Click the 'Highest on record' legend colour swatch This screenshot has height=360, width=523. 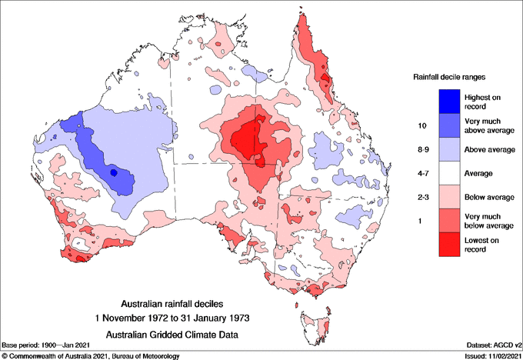[x=448, y=101]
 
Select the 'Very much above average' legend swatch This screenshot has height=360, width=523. [x=448, y=125]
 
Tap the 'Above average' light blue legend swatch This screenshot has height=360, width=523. [x=448, y=148]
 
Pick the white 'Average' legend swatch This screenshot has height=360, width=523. [x=448, y=173]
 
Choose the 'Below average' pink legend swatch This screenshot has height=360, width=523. [x=448, y=197]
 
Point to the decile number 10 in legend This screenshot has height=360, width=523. [x=421, y=125]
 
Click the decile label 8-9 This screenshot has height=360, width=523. [x=421, y=148]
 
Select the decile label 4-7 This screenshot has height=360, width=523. [x=421, y=173]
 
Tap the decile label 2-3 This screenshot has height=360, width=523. [x=421, y=197]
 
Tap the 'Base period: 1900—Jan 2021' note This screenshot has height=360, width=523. [x=45, y=345]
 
